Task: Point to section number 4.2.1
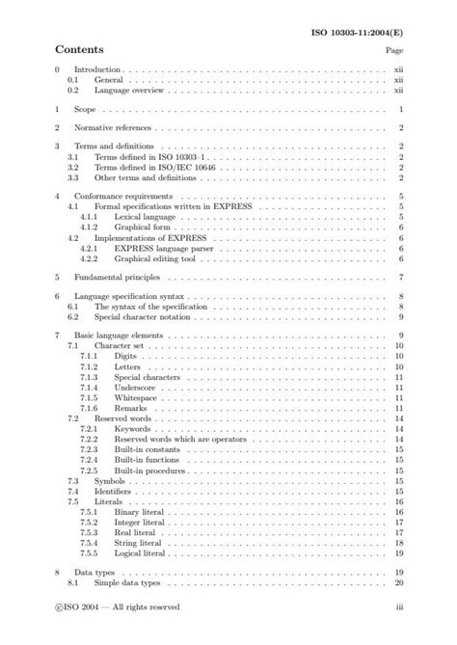coord(90,247)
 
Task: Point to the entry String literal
coord(139,543)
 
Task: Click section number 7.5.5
coord(90,553)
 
